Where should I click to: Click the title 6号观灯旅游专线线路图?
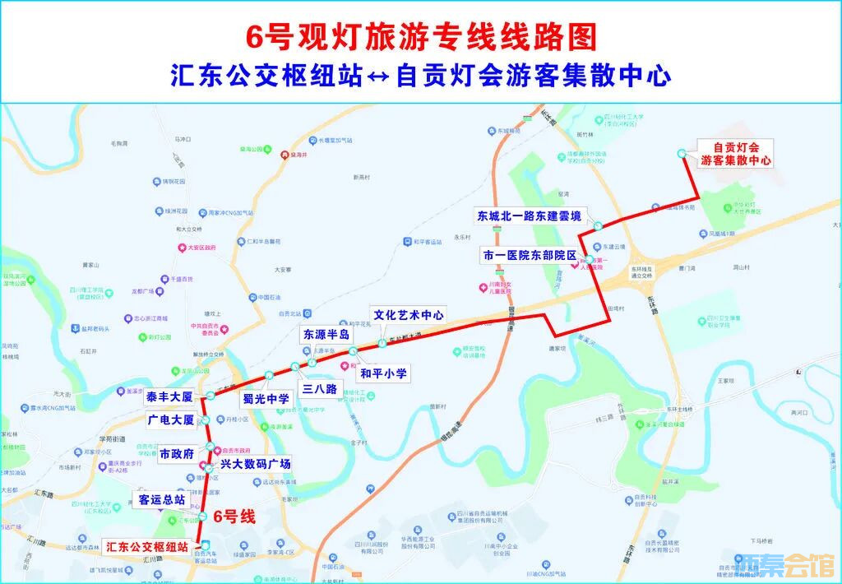coord(421,36)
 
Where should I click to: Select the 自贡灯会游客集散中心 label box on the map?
coord(736,154)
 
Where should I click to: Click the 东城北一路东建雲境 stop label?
coord(530,216)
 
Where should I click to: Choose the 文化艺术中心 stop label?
coord(409,314)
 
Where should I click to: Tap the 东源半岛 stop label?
coord(326,335)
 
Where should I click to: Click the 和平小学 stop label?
coord(383,373)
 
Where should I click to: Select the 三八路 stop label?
coord(320,389)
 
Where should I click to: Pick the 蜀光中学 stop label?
coord(266,399)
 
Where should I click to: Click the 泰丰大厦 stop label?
coord(169,397)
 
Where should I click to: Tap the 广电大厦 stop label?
coord(171,420)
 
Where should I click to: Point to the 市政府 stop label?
coord(177,453)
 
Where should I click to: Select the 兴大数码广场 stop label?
coord(255,464)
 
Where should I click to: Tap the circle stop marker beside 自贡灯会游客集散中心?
coord(681,154)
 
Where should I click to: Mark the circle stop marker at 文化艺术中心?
coord(382,342)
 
